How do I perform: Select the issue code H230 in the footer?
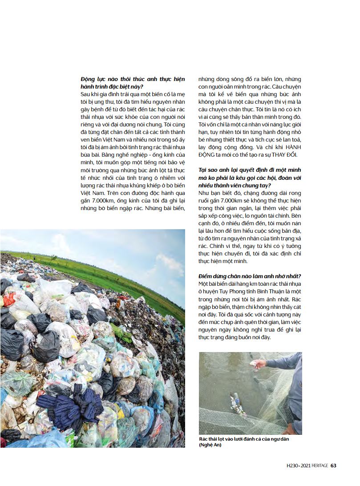[293, 466]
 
